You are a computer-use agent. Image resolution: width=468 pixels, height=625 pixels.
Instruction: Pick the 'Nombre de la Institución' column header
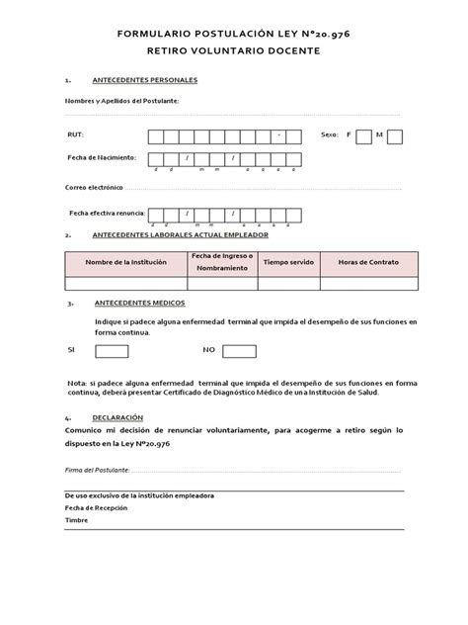tap(126, 262)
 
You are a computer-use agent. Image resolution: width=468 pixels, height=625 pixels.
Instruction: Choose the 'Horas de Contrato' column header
tap(367, 262)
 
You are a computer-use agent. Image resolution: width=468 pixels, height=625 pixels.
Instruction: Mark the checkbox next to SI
tap(112, 351)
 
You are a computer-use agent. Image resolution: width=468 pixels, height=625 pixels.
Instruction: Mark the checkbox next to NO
tap(239, 351)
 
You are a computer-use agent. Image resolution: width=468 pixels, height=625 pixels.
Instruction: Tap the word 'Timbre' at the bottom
tap(75, 519)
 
